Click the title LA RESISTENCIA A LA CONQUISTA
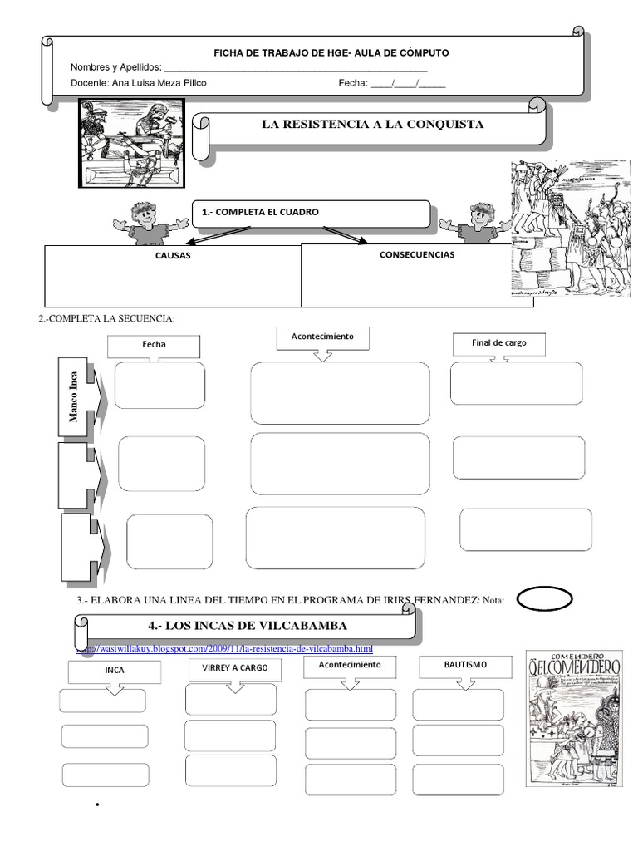point(372,124)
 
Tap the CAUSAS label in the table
point(173,255)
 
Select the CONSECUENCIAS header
point(417,254)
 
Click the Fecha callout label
point(154,343)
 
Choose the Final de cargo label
point(500,342)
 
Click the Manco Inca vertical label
point(74,396)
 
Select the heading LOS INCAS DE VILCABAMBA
point(247,625)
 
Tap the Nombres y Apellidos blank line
point(295,67)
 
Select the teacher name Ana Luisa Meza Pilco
point(159,83)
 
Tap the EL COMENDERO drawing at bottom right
point(573,717)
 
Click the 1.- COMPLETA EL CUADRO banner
point(312,213)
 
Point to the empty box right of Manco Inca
point(159,386)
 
